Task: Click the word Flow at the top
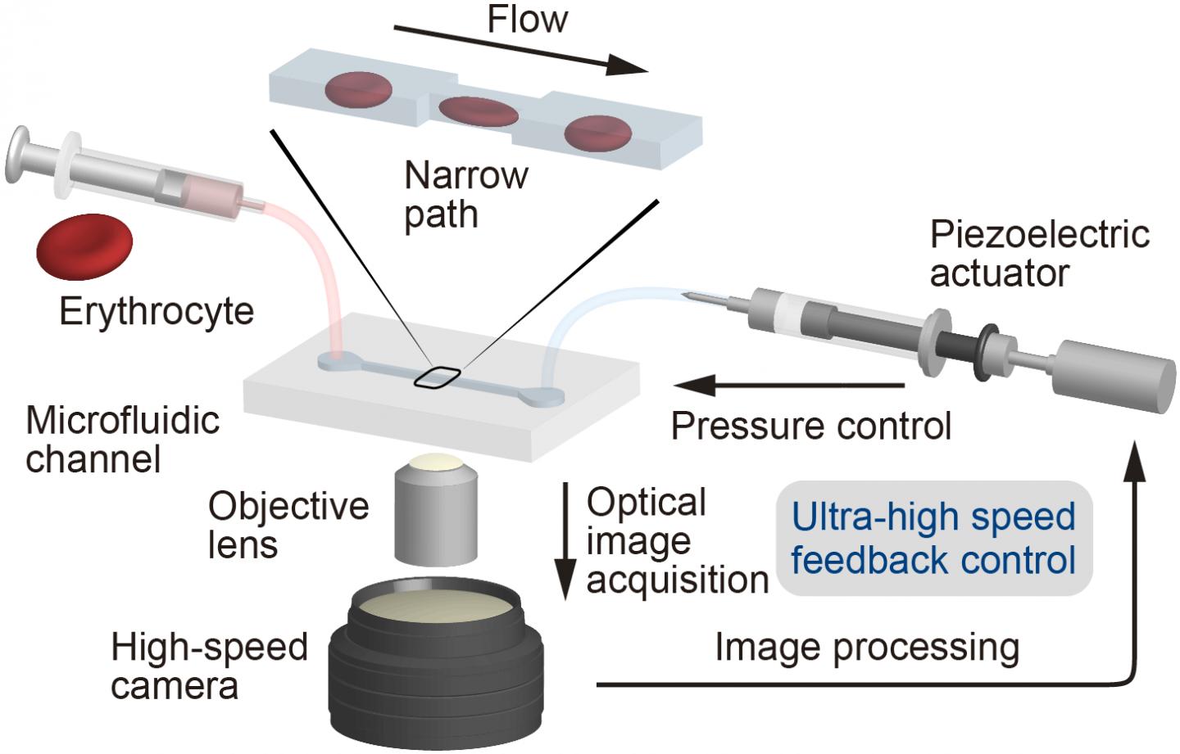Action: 527,19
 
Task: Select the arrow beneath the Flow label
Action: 520,50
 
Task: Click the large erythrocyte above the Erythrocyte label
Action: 84,248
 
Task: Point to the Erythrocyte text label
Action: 157,312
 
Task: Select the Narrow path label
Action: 465,195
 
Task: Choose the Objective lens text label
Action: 288,525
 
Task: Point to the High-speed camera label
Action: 209,666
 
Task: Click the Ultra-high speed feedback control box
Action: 933,539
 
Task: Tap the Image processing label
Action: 867,648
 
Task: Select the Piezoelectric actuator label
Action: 1039,253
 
